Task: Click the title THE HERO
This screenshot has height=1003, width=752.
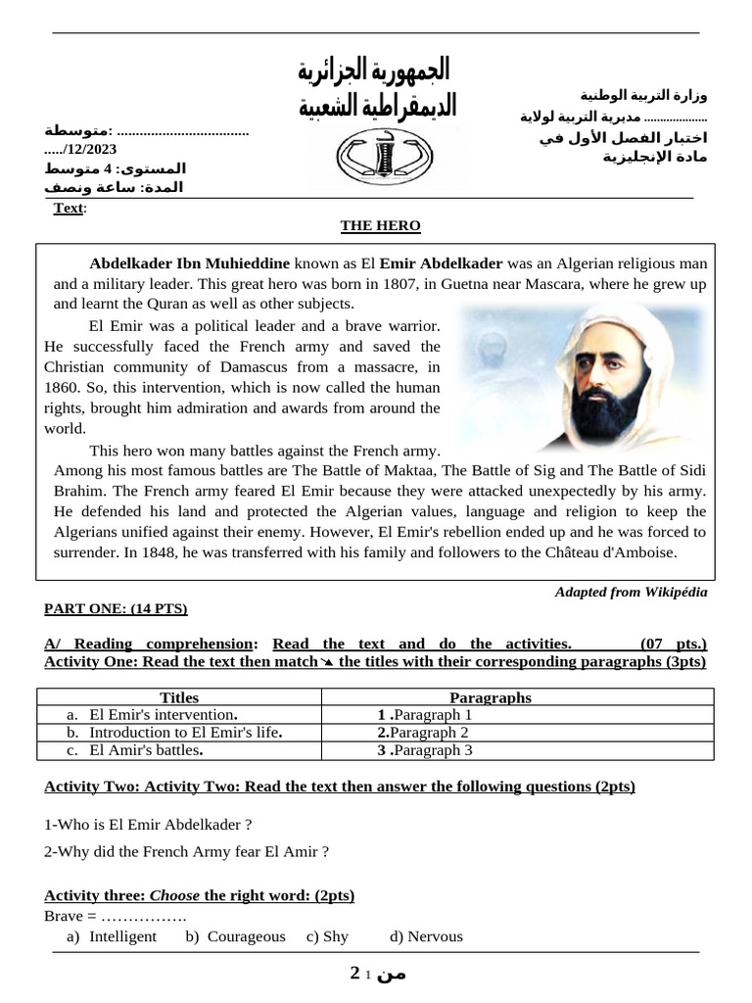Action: pos(380,225)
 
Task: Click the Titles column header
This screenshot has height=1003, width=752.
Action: pos(178,697)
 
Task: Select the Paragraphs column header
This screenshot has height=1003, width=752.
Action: pos(490,697)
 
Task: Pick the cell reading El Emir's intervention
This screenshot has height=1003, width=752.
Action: pos(163,714)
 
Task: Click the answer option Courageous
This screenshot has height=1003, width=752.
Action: pos(246,936)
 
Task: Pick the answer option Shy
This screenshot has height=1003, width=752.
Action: pos(335,936)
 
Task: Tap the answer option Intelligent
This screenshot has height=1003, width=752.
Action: pos(122,936)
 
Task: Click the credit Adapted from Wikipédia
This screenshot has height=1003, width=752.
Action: pos(631,592)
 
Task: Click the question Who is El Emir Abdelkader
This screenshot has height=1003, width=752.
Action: pos(142,825)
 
